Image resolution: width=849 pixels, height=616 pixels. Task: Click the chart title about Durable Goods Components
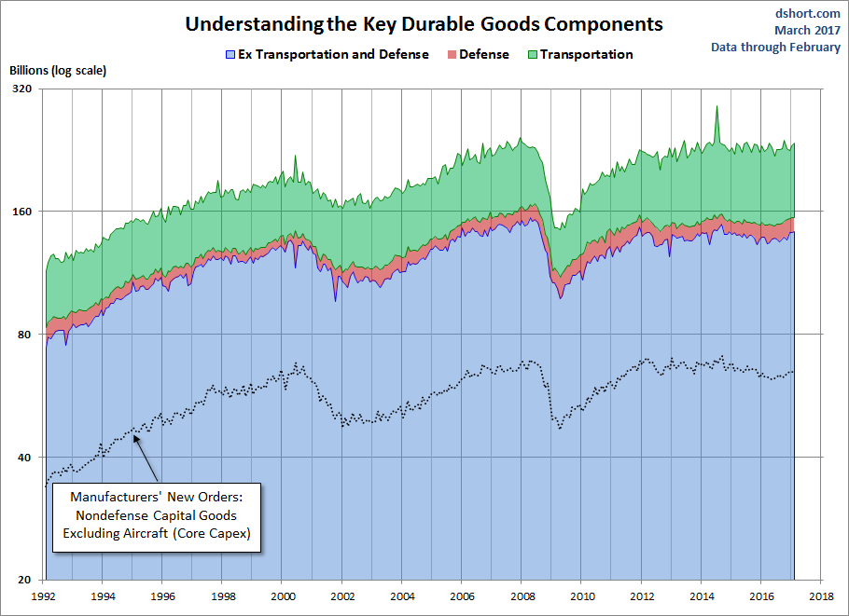424,23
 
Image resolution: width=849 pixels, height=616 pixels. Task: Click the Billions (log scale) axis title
58,70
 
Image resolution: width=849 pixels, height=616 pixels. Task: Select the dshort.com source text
809,12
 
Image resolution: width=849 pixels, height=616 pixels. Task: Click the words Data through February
775,48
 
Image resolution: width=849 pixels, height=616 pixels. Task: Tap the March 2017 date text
807,30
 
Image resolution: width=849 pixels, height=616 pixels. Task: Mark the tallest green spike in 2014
717,107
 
